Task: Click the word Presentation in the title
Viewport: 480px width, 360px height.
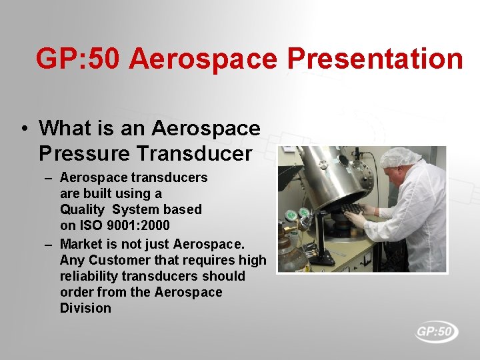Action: click(375, 59)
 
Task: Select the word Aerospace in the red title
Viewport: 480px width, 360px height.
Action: click(204, 59)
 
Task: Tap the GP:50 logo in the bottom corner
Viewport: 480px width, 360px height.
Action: click(437, 331)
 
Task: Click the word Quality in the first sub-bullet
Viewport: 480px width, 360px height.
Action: click(82, 209)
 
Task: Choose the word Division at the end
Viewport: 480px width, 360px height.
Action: click(85, 308)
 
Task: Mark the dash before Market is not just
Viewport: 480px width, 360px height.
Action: click(49, 244)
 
